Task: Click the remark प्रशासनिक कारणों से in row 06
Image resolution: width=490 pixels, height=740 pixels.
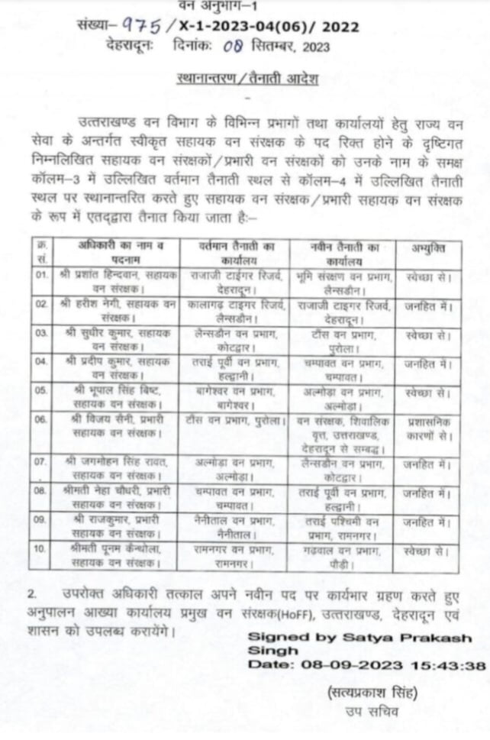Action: click(x=427, y=430)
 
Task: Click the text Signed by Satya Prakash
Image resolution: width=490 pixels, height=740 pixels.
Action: click(x=359, y=638)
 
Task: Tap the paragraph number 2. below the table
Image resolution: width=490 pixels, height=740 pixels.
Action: click(x=33, y=593)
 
